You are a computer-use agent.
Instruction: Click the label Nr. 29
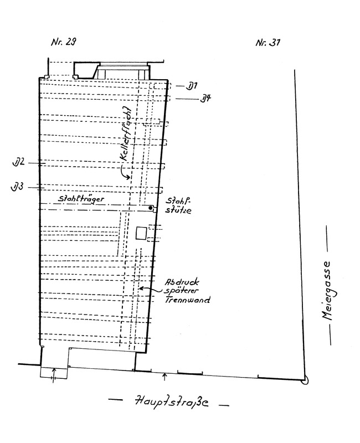click(x=64, y=42)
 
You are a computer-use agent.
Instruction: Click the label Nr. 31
click(x=268, y=43)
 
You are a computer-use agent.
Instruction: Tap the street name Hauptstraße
click(x=172, y=401)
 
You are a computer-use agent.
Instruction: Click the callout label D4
click(x=205, y=99)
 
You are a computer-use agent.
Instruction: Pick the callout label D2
click(x=19, y=163)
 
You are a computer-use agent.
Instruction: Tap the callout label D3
click(x=17, y=187)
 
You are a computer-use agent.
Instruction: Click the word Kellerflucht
click(x=126, y=134)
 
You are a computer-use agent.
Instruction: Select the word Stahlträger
click(x=81, y=199)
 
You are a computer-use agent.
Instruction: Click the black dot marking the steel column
click(x=151, y=208)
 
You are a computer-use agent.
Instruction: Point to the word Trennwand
click(x=187, y=300)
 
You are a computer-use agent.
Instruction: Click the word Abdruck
click(x=182, y=282)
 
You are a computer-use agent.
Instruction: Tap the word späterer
click(x=181, y=291)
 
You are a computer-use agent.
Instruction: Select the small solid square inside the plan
click(x=141, y=233)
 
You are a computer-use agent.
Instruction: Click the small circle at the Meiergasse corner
click(x=305, y=381)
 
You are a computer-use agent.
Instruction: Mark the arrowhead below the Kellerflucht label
click(x=128, y=177)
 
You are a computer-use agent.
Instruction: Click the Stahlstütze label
click(x=178, y=205)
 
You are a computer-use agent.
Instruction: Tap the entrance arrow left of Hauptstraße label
click(x=54, y=375)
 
